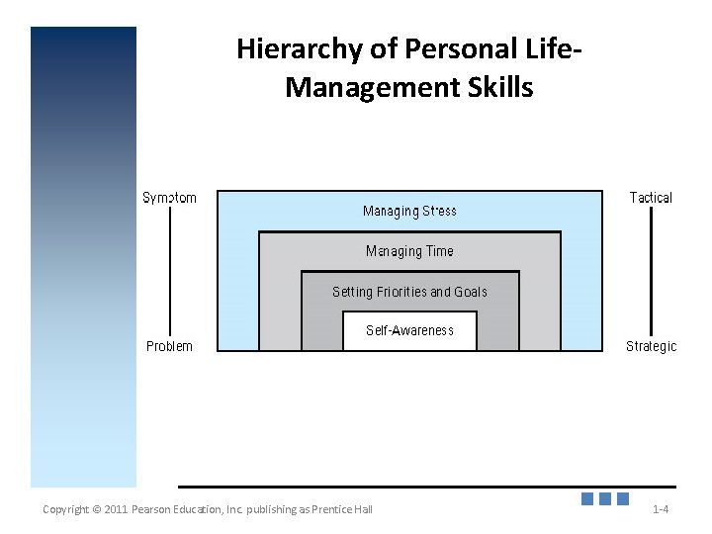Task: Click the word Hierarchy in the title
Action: (x=294, y=49)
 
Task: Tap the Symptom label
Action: (x=169, y=198)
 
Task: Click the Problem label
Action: (x=169, y=346)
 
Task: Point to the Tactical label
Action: (x=651, y=198)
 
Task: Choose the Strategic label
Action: (x=651, y=346)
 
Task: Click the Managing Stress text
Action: (x=409, y=211)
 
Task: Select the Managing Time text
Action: (x=409, y=251)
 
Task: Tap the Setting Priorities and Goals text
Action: (x=409, y=292)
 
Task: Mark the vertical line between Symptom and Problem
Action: (x=170, y=272)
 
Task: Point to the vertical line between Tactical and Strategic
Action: (x=651, y=272)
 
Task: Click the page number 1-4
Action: (x=661, y=509)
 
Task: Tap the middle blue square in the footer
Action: (x=604, y=499)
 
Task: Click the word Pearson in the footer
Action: (x=155, y=509)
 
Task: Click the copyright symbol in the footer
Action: (x=96, y=509)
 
